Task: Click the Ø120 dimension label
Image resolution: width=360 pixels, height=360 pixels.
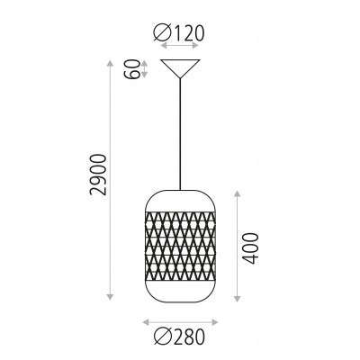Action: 179,32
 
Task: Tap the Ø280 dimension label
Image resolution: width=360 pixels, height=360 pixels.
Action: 179,337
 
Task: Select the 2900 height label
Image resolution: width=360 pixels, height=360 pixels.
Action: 98,175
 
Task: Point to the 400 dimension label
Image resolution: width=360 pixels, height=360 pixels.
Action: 250,248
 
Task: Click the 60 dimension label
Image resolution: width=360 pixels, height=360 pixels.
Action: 132,69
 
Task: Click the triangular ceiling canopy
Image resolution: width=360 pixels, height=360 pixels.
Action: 180,68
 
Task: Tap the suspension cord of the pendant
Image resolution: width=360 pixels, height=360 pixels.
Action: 180,134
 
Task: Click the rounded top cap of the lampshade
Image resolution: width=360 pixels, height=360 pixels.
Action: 180,201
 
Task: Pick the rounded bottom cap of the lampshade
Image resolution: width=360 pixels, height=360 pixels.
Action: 180,292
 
